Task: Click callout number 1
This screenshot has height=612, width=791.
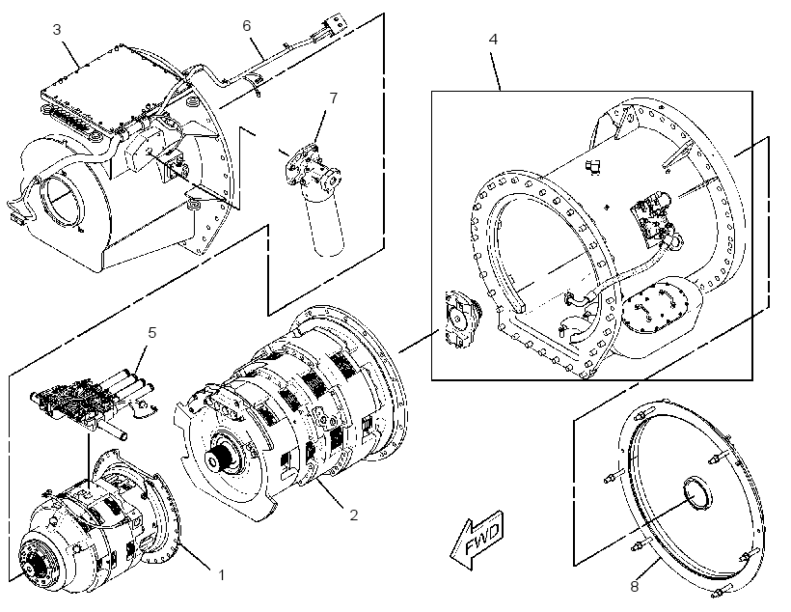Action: [x=221, y=574]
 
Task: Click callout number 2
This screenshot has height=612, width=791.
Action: [x=354, y=515]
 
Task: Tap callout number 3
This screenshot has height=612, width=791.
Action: [x=57, y=30]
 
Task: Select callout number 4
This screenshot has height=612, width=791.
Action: [x=493, y=39]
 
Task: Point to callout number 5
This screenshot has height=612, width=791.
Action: [x=152, y=332]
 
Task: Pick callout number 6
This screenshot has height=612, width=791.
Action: [x=247, y=26]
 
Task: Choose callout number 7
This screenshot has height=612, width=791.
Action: [x=334, y=97]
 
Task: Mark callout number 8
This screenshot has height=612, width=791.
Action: [x=635, y=586]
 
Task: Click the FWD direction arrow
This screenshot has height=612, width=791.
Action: [x=477, y=540]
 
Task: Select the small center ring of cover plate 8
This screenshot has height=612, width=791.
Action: [x=696, y=491]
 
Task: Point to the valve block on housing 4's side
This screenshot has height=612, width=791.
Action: [x=650, y=218]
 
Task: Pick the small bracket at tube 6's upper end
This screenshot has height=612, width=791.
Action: [x=334, y=24]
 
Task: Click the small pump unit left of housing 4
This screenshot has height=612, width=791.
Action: [x=460, y=320]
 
